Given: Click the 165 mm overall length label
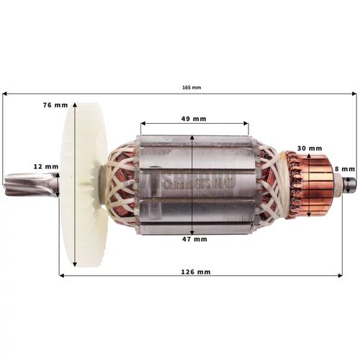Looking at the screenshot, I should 192,87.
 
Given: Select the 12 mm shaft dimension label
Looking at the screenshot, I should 45,166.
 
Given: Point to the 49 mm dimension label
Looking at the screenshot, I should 194,118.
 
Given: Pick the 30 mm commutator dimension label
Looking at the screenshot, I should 309,148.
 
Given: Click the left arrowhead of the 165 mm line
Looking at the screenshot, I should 6,94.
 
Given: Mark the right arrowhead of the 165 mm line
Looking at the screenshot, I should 354,94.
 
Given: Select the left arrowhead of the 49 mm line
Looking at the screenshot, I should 143,124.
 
